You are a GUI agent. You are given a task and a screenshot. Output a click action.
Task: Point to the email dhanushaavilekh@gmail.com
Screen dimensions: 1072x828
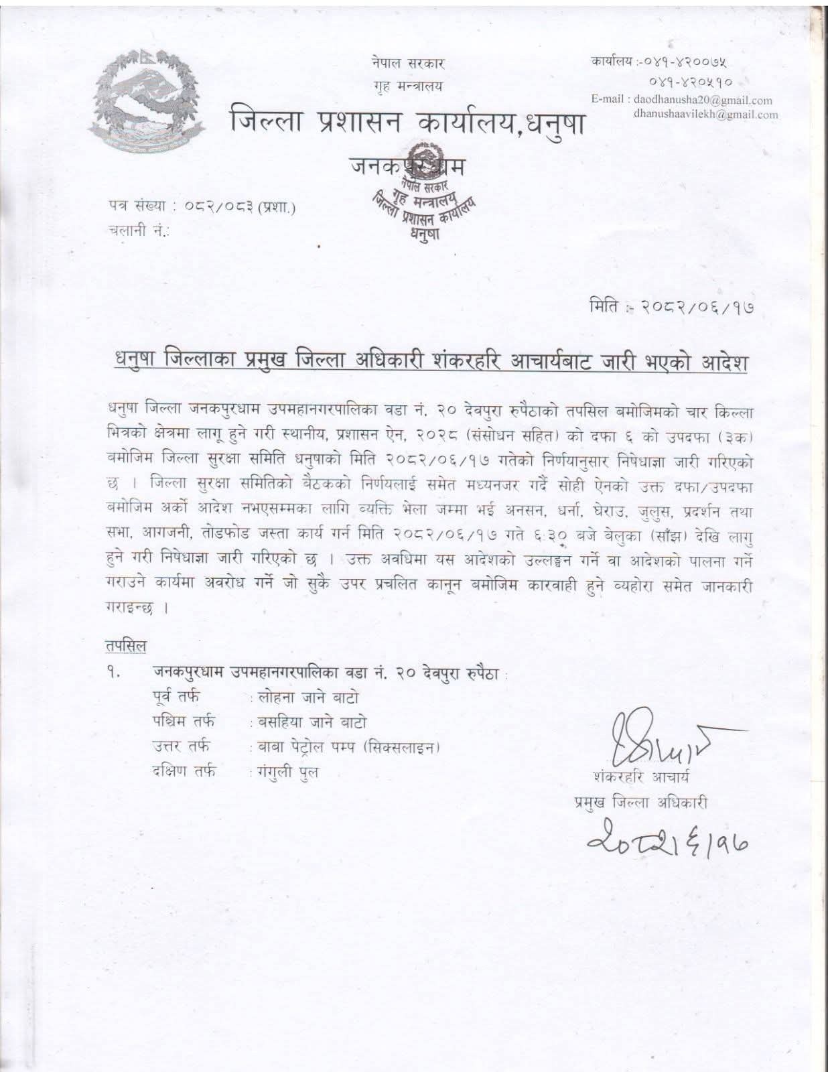point(705,114)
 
